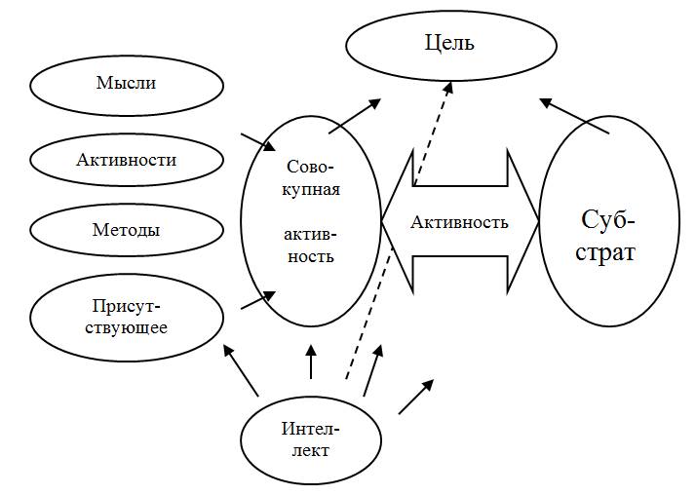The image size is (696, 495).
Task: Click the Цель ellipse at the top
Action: pos(449,44)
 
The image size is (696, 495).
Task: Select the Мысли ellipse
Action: pos(126,84)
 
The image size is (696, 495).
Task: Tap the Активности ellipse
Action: pos(126,159)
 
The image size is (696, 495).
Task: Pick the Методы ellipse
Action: pos(126,231)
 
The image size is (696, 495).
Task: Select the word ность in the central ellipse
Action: pos(311,257)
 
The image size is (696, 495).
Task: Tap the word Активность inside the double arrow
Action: pos(459,222)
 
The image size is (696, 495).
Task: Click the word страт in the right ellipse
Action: pos(609,253)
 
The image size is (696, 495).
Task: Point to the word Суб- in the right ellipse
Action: pos(609,216)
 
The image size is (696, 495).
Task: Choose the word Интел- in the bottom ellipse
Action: pos(310,428)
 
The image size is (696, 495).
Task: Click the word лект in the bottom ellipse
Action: pos(310,450)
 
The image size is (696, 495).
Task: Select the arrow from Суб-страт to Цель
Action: pos(575,115)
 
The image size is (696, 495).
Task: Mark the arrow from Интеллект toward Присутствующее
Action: pos(242,371)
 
